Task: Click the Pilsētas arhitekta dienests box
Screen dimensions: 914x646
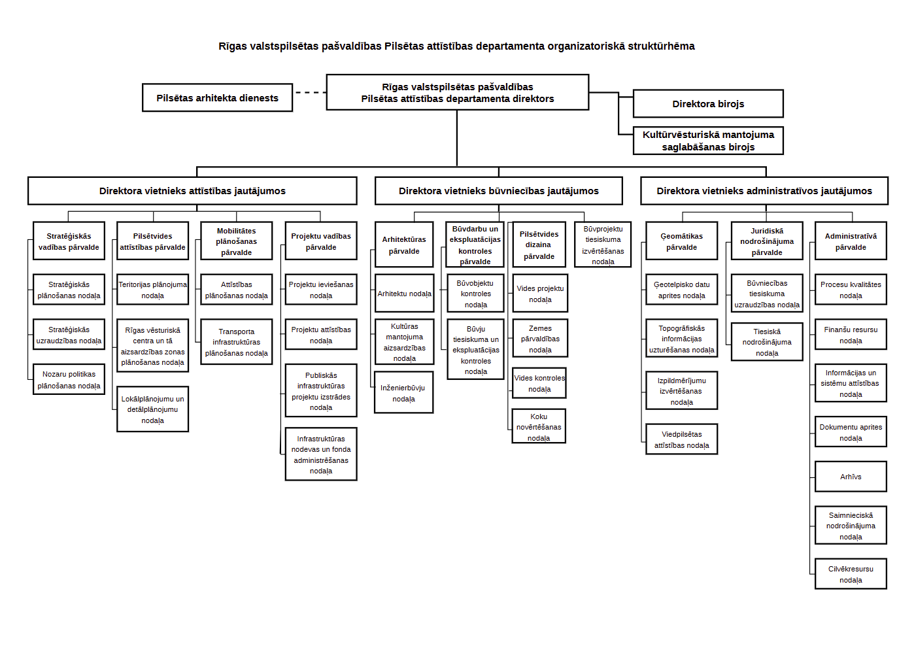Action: (x=218, y=98)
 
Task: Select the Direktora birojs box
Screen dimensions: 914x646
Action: (x=708, y=104)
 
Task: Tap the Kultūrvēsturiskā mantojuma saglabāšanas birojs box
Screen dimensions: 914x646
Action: (x=708, y=141)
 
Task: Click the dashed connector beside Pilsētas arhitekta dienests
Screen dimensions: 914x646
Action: (x=310, y=93)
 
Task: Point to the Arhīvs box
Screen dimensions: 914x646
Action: (x=851, y=477)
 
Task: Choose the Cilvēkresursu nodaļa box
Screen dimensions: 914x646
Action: (x=851, y=574)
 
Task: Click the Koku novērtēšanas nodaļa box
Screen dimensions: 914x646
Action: (x=539, y=426)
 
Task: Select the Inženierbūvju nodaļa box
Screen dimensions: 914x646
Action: (x=403, y=392)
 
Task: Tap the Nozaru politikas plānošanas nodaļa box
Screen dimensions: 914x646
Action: (x=69, y=379)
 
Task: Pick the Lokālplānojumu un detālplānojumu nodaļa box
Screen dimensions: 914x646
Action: (x=152, y=409)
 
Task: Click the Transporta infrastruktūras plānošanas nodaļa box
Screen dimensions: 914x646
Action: (x=236, y=342)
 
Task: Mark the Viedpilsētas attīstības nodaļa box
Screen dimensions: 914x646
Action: (x=681, y=439)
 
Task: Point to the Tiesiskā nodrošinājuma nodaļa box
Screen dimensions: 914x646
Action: (x=767, y=342)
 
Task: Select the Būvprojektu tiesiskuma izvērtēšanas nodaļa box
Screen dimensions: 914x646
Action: (x=603, y=245)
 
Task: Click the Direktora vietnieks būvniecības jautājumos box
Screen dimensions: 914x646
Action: (x=499, y=190)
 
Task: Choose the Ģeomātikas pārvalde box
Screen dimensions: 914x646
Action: (x=681, y=241)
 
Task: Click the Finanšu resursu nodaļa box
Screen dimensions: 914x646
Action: (x=851, y=335)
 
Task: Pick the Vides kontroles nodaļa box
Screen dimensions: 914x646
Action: (x=539, y=383)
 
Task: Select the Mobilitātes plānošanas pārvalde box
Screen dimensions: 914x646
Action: (x=236, y=241)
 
